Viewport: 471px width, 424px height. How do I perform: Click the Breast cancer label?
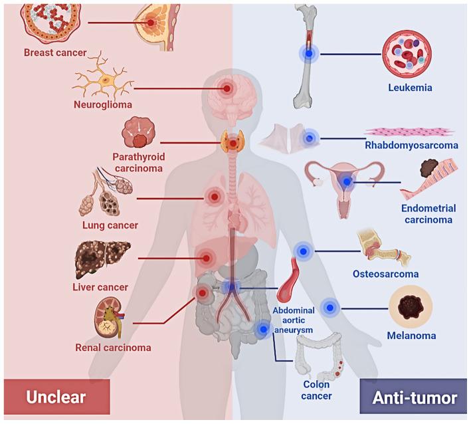55,53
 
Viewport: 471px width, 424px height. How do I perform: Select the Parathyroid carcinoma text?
138,162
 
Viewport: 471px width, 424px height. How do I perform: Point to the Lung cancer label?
110,225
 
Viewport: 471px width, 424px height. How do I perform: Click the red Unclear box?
56,398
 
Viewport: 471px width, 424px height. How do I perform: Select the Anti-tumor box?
415,398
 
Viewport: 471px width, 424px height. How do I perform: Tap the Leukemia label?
411,86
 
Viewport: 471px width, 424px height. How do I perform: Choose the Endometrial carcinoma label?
428,213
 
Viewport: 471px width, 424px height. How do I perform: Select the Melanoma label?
411,336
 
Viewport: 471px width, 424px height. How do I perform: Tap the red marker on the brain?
227,88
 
